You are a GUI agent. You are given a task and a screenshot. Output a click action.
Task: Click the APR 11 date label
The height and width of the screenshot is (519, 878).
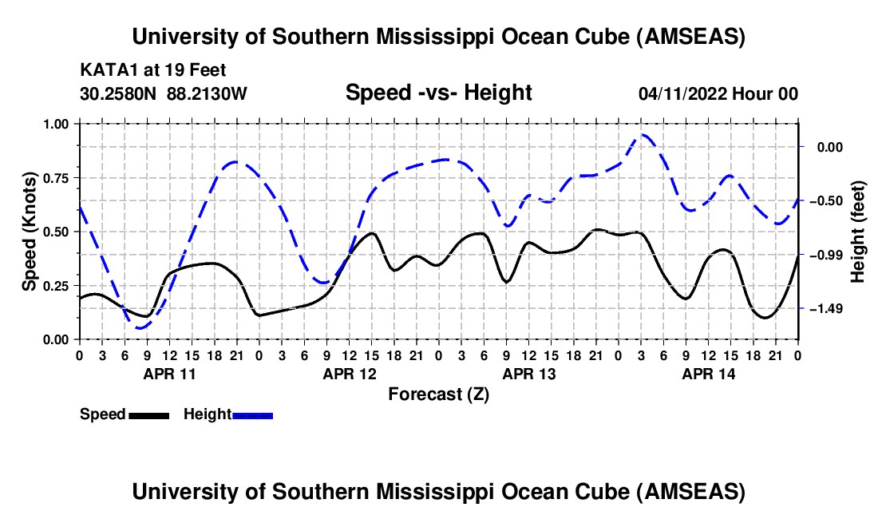tap(168, 374)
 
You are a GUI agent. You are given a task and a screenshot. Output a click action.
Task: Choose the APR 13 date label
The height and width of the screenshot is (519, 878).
tap(528, 374)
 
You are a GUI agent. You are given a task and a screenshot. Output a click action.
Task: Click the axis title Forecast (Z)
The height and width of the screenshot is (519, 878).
tap(438, 394)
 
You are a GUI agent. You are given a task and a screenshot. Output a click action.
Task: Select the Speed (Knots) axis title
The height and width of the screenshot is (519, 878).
tap(29, 232)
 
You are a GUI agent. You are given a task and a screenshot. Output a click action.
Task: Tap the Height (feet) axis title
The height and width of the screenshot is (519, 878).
tap(857, 232)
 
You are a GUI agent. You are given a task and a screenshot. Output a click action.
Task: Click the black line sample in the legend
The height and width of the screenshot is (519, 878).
tap(148, 415)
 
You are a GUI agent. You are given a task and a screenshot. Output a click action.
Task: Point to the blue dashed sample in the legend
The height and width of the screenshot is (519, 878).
tap(253, 415)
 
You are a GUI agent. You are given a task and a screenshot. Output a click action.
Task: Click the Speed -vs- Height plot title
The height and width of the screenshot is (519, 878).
tap(438, 93)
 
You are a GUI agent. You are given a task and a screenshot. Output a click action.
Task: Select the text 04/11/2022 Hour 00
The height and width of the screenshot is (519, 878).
tap(718, 94)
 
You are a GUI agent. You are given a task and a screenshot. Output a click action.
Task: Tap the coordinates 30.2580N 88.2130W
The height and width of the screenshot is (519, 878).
tap(164, 94)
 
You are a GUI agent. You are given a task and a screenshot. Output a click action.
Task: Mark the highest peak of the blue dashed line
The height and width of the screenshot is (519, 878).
tap(643, 135)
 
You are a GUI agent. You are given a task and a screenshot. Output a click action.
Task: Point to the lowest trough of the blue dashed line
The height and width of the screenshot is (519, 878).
tap(140, 327)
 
